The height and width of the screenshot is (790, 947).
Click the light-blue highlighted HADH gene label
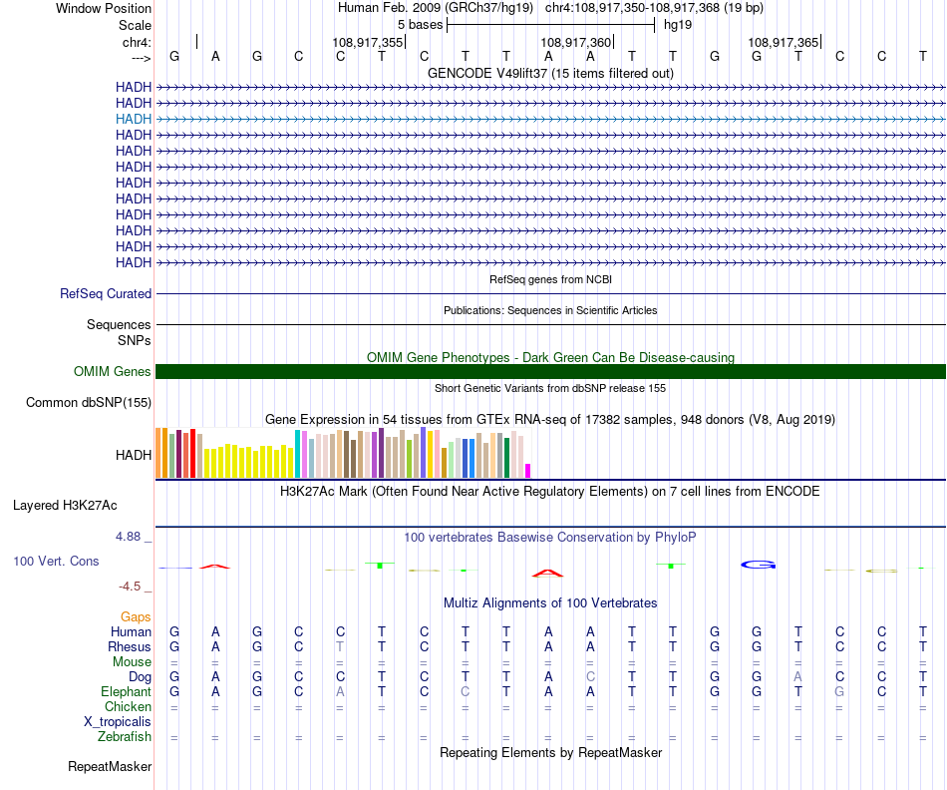pos(134,119)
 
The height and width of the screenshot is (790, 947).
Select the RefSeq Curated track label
pos(106,294)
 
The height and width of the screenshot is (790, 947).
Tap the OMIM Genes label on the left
pos(113,372)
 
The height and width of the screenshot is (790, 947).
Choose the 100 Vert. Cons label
pos(56,562)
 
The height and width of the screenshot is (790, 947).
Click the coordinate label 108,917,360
pos(575,43)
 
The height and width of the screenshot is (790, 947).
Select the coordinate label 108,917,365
pos(783,43)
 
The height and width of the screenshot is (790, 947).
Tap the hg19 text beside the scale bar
pos(678,24)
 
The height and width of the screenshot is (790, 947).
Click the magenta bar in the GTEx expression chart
pos(528,470)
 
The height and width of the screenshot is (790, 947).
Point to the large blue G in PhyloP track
pos(758,566)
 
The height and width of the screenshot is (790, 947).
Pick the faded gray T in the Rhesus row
pos(340,646)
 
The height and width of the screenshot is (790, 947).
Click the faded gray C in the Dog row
pos(590,676)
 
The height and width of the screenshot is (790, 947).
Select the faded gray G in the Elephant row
pos(840,691)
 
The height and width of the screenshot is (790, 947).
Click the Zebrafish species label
pos(125,737)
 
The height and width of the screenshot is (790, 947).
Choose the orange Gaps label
pos(136,617)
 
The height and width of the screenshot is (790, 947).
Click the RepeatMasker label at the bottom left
pos(110,767)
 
